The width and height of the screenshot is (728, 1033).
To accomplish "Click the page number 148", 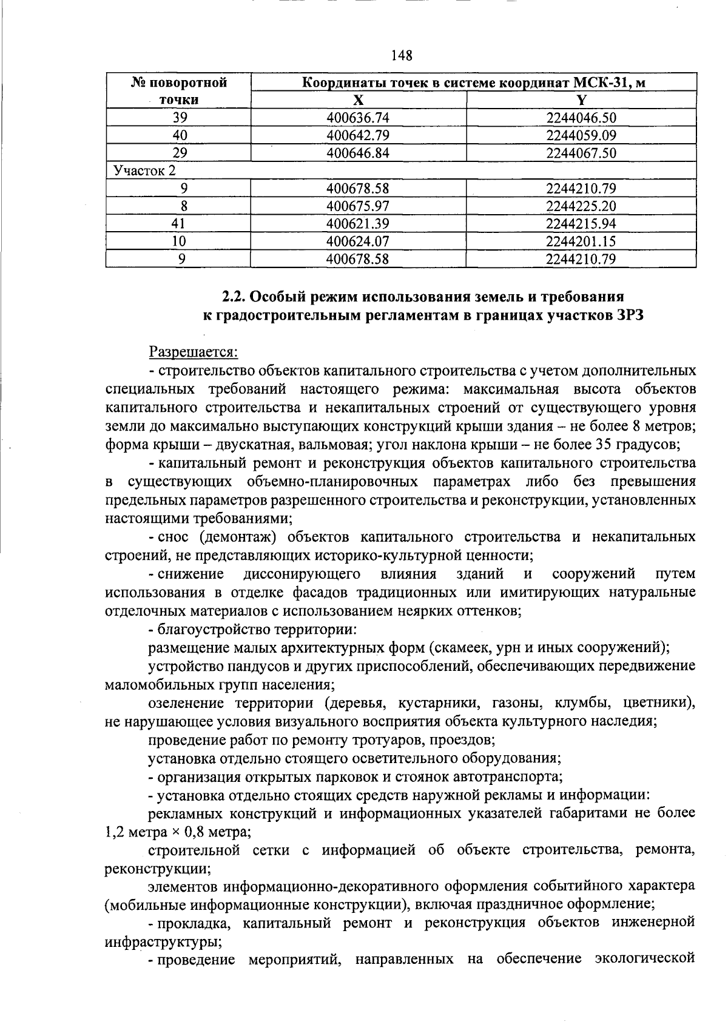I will [402, 56].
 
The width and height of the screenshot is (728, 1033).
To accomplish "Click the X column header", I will [359, 100].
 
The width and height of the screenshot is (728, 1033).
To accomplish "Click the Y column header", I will [581, 100].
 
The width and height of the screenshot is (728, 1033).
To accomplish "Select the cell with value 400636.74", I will [358, 118].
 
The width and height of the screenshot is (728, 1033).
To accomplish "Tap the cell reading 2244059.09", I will [581, 135].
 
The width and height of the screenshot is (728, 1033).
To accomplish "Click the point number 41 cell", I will [178, 223].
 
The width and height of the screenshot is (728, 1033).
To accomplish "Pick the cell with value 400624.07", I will [358, 241].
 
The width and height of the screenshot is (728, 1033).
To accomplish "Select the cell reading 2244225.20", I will [581, 206].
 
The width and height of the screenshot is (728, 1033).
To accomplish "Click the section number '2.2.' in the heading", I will [233, 297].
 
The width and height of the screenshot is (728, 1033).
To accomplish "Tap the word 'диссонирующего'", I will [302, 573].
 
